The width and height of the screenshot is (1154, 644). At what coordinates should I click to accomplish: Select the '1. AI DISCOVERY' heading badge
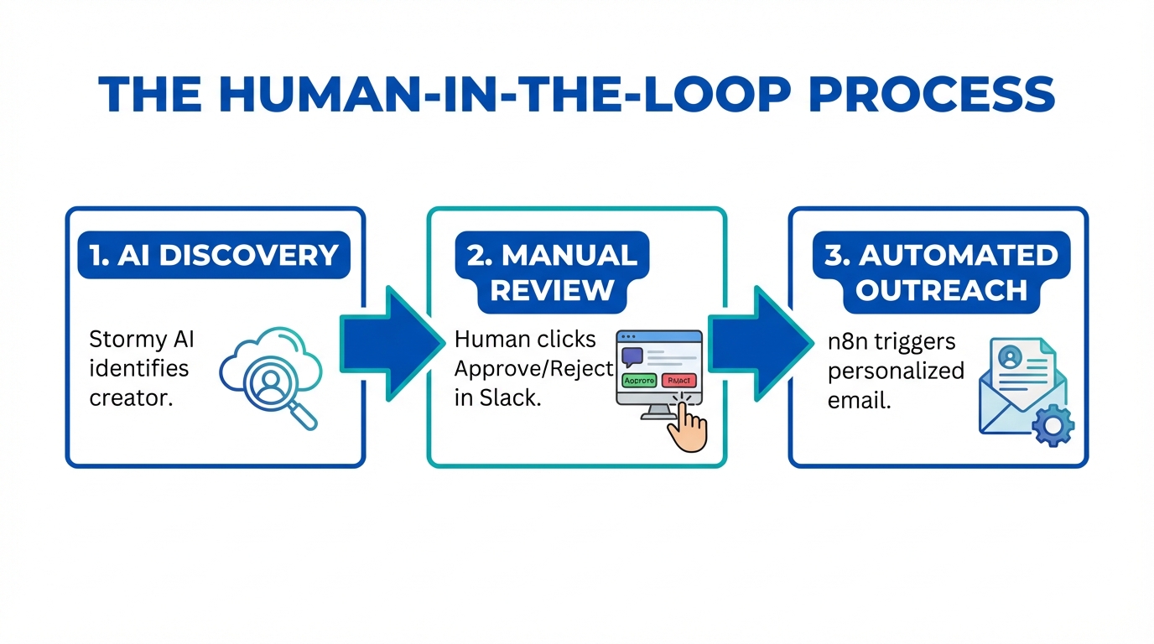pyautogui.click(x=215, y=255)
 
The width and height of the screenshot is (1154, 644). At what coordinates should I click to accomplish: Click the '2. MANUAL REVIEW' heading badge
pyautogui.click(x=552, y=273)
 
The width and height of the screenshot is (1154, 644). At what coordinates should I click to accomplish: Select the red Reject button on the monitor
pyautogui.click(x=678, y=380)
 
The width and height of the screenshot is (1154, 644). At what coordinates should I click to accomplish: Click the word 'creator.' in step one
pyautogui.click(x=130, y=397)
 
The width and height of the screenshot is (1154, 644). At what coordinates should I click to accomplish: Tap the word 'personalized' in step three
pyautogui.click(x=896, y=371)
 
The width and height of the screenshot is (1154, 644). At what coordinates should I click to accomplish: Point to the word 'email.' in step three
pyautogui.click(x=859, y=399)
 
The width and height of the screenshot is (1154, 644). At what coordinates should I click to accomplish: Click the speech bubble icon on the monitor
pyautogui.click(x=632, y=354)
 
